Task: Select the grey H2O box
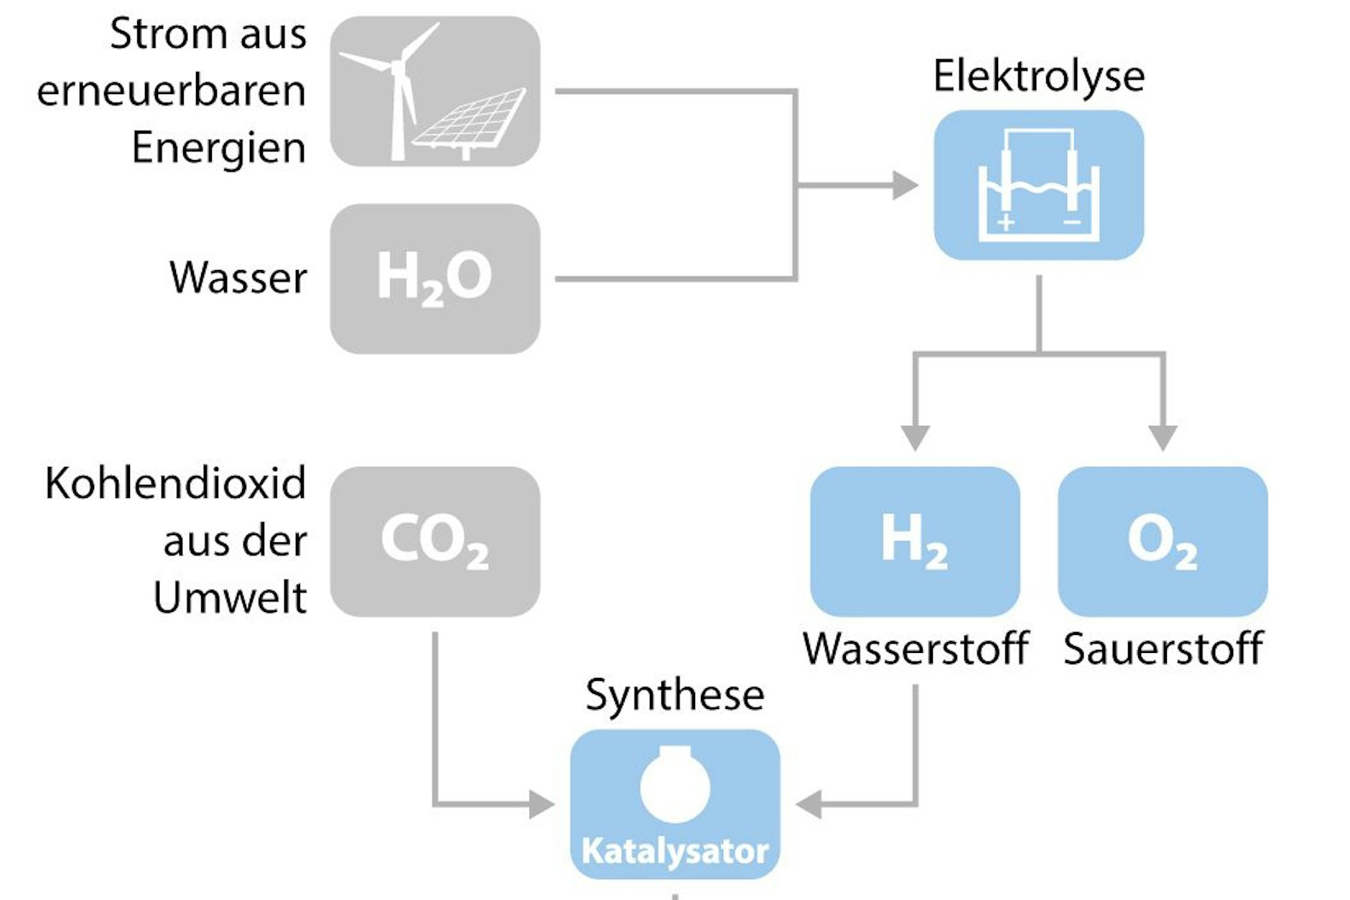[434, 279]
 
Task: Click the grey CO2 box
[434, 542]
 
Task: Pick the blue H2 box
[914, 542]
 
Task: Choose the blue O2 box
[1162, 542]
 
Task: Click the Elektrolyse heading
[1038, 76]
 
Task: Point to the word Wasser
[238, 278]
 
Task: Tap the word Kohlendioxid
[175, 483]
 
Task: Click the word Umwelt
[230, 598]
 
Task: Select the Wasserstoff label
[915, 649]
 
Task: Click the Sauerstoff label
[1163, 649]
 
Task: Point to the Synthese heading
[674, 695]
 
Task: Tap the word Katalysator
[674, 851]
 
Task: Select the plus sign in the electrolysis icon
[1005, 222]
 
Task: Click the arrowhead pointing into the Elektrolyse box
[905, 185]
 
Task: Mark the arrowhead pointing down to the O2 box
[1162, 437]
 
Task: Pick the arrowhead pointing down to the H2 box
[915, 437]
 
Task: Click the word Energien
[218, 148]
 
